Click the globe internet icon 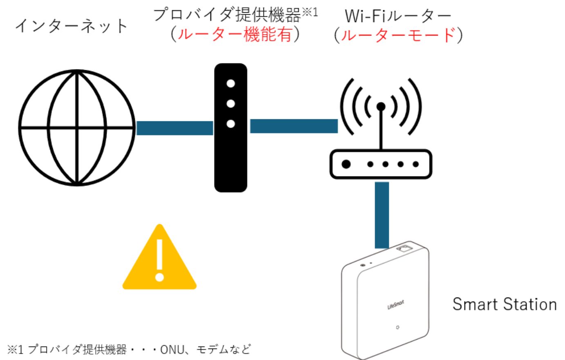[x=77, y=127]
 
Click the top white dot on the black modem [x=231, y=84]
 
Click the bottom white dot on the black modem [x=231, y=123]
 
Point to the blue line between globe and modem [x=174, y=128]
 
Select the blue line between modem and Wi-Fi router [x=293, y=126]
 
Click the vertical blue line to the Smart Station [x=382, y=215]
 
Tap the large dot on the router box [x=346, y=164]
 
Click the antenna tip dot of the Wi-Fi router [x=381, y=107]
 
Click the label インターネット [x=72, y=26]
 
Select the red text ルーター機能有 [x=236, y=35]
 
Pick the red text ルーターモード [x=398, y=36]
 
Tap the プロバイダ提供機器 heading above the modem [x=227, y=15]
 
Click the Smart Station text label [x=505, y=304]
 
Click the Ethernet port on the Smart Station [x=406, y=248]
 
